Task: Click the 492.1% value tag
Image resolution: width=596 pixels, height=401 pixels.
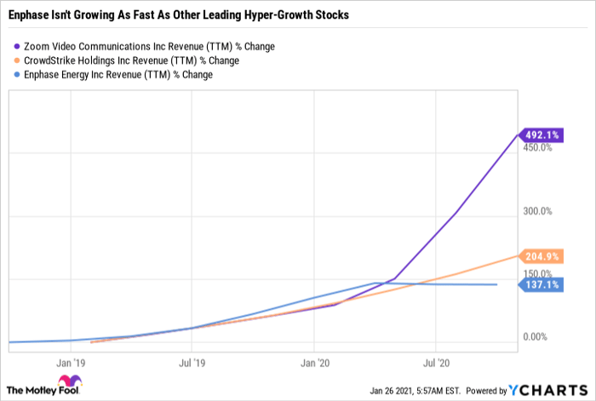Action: pyautogui.click(x=541, y=135)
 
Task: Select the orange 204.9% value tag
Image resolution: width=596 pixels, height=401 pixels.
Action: pyautogui.click(x=541, y=256)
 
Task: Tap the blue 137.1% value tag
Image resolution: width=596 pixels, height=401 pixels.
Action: pyautogui.click(x=541, y=284)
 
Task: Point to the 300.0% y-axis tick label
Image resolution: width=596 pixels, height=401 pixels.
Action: pyautogui.click(x=537, y=211)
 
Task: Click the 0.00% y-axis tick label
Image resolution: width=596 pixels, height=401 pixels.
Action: pyautogui.click(x=536, y=337)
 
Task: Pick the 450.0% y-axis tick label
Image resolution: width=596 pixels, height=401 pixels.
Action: pyautogui.click(x=537, y=147)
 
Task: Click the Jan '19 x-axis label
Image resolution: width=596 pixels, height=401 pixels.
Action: pyautogui.click(x=71, y=363)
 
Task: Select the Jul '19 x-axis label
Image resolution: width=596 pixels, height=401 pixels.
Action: pyautogui.click(x=192, y=363)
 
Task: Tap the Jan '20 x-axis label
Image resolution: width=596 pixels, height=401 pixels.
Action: pyautogui.click(x=315, y=363)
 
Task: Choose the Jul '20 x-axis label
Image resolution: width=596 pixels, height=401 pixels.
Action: pyautogui.click(x=436, y=363)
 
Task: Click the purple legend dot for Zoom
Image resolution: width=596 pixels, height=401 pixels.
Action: pyautogui.click(x=17, y=46)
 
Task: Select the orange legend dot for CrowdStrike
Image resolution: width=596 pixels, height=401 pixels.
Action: pyautogui.click(x=17, y=60)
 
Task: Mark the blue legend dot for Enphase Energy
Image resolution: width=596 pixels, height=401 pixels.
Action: pyautogui.click(x=17, y=75)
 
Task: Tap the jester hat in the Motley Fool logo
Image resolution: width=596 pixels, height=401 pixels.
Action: pyautogui.click(x=70, y=381)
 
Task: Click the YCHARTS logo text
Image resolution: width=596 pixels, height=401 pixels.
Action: pyautogui.click(x=548, y=390)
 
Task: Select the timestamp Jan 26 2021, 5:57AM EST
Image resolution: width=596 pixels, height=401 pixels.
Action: pyautogui.click(x=415, y=391)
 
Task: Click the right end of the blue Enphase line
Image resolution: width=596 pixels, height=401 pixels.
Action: pyautogui.click(x=496, y=284)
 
